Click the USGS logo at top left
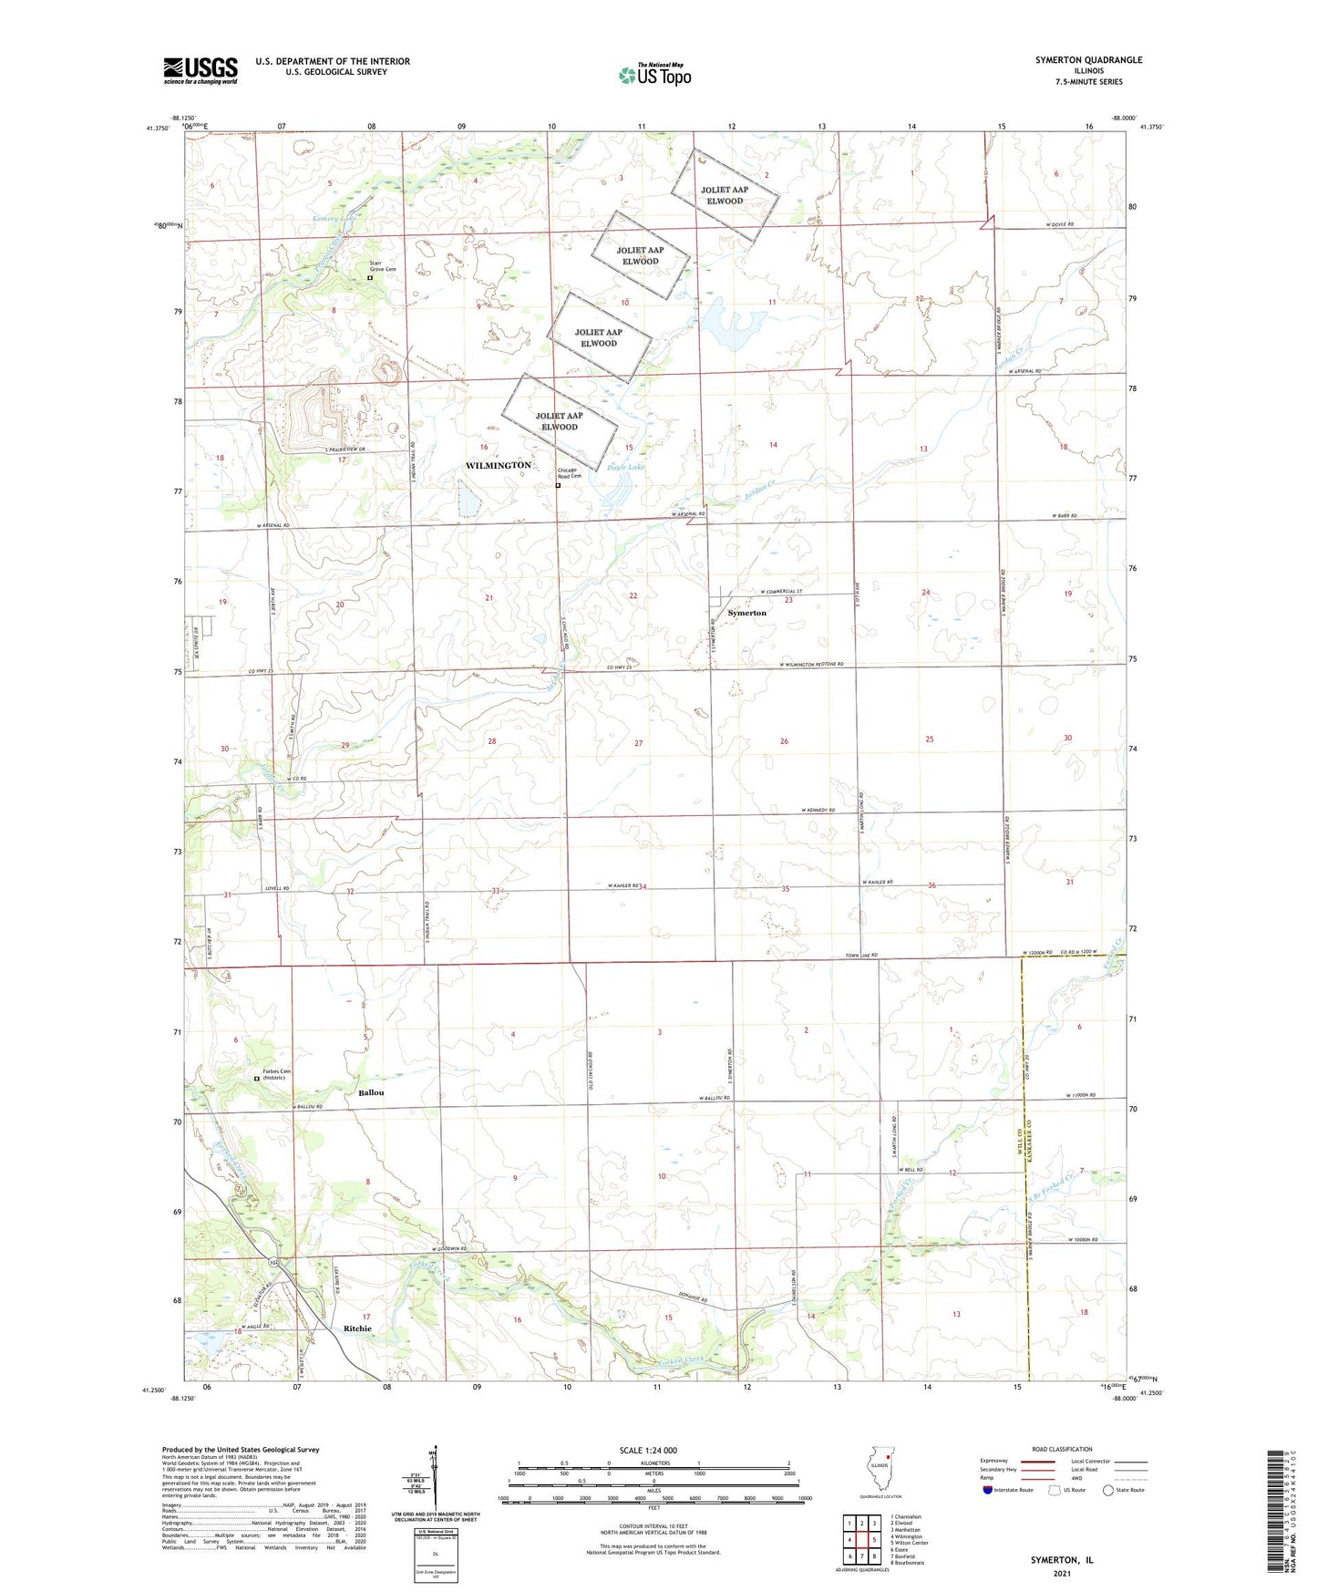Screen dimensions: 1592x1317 coord(201,70)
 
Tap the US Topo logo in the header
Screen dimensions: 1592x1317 coord(653,75)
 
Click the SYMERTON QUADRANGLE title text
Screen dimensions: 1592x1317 coord(1088,60)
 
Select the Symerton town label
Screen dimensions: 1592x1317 coord(746,613)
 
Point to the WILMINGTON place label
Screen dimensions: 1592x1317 coord(498,465)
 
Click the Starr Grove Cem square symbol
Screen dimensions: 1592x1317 coord(370,278)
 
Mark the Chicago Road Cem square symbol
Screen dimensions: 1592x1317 coord(559,486)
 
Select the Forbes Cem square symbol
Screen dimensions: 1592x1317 coord(257,1079)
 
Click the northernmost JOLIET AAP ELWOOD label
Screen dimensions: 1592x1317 coord(725,195)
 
